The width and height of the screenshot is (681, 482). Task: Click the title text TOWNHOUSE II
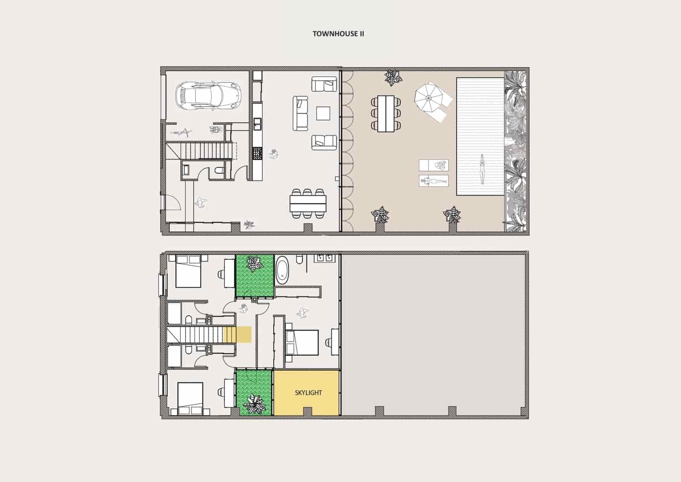[x=338, y=34]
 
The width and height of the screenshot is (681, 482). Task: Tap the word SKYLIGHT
[x=308, y=393]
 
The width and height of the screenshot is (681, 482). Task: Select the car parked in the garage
[x=209, y=95]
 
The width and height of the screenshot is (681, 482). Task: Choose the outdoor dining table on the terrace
[x=385, y=113]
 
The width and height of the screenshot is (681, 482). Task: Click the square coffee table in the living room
[x=323, y=113]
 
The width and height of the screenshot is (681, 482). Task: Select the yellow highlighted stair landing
[x=237, y=334]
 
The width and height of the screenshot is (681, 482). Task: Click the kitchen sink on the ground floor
[x=257, y=124]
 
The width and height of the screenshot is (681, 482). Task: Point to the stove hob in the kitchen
[x=257, y=153]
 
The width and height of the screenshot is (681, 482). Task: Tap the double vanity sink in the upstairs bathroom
[x=325, y=258]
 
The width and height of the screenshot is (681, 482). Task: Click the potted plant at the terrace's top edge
[x=392, y=77]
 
